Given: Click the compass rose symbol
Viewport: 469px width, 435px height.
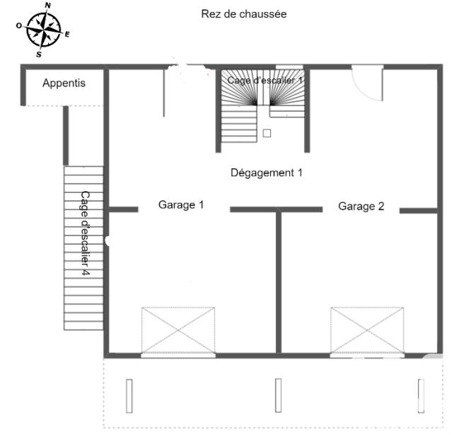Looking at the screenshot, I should pyautogui.click(x=43, y=29).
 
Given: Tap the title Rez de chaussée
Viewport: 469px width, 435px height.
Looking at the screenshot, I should pyautogui.click(x=243, y=14).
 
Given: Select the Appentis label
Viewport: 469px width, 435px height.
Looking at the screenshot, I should pyautogui.click(x=64, y=83).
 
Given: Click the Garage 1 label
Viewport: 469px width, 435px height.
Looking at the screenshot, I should pyautogui.click(x=181, y=205).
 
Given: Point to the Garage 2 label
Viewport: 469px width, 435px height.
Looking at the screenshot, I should pyautogui.click(x=361, y=207).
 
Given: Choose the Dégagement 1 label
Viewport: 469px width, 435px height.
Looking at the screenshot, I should pyautogui.click(x=267, y=172).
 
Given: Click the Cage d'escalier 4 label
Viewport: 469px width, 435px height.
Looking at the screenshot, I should pyautogui.click(x=84, y=233).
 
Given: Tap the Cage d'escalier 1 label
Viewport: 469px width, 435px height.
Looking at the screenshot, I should pyautogui.click(x=265, y=81).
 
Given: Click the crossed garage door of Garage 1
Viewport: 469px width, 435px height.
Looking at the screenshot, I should pyautogui.click(x=178, y=330).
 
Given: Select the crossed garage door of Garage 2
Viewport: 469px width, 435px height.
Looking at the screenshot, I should pyautogui.click(x=367, y=330).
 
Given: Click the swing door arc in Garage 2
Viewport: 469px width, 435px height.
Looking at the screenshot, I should pyautogui.click(x=369, y=85).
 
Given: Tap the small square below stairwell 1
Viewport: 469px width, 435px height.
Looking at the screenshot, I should pyautogui.click(x=267, y=132).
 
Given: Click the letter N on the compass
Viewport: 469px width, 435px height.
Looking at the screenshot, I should pyautogui.click(x=47, y=6).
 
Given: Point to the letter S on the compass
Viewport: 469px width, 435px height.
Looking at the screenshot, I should pyautogui.click(x=39, y=53).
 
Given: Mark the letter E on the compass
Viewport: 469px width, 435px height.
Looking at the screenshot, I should pyautogui.click(x=67, y=34).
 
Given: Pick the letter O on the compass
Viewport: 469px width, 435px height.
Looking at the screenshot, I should pyautogui.click(x=19, y=25).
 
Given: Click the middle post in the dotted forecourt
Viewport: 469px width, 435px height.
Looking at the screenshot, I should pyautogui.click(x=278, y=395).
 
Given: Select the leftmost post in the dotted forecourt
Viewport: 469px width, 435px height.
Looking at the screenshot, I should pyautogui.click(x=129, y=395).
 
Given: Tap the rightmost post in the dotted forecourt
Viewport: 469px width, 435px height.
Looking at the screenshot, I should pyautogui.click(x=421, y=395).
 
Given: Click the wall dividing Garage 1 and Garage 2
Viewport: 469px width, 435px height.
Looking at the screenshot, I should pyautogui.click(x=279, y=283).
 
